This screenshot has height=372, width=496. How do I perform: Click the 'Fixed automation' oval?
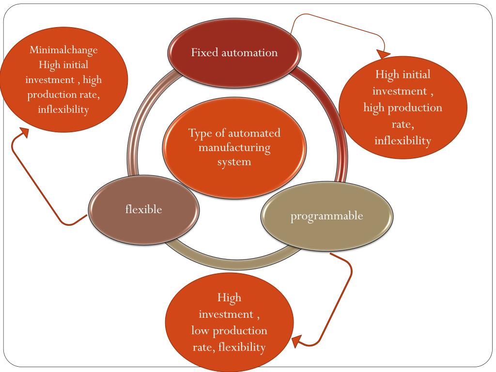[x=234, y=52]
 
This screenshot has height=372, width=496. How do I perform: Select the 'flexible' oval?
[x=144, y=209]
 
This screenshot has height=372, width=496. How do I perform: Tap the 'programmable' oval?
[x=326, y=216]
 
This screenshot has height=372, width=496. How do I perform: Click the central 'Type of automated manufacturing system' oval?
[x=234, y=147]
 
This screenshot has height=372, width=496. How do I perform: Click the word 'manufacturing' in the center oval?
[x=234, y=147]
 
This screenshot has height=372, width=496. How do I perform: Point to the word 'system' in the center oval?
[x=234, y=161]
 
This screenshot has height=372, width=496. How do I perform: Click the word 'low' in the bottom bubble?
[x=200, y=331]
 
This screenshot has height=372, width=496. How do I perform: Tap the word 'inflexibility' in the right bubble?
[x=403, y=141]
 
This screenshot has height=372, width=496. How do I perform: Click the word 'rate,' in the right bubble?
[x=403, y=124]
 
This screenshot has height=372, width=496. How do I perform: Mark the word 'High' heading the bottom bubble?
[x=229, y=297]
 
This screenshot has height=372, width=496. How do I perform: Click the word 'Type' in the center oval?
[x=200, y=133]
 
